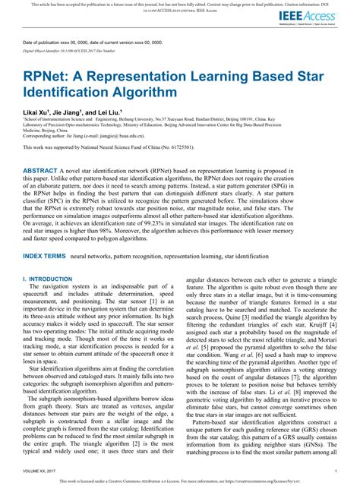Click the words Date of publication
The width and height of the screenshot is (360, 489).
coord(43,43)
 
